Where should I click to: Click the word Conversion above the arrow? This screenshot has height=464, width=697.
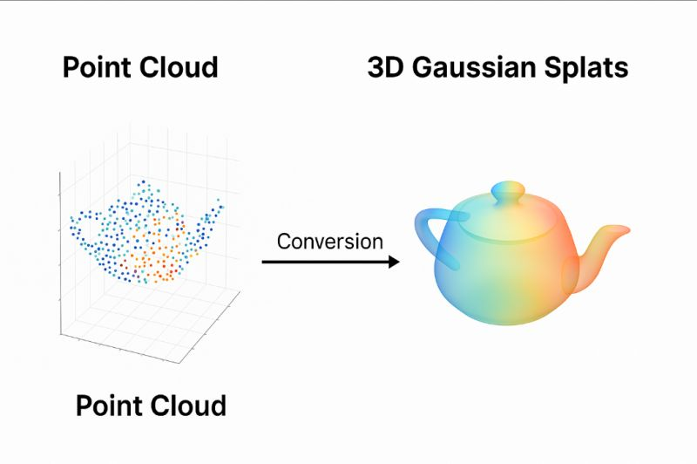click(x=329, y=242)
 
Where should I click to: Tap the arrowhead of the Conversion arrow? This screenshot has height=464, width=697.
click(x=394, y=262)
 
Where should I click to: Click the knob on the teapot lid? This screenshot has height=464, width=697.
click(x=508, y=191)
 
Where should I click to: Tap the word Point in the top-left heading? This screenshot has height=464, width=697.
click(x=95, y=68)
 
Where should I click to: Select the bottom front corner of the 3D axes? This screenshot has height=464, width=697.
click(x=180, y=361)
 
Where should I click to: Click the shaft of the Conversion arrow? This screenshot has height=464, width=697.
click(x=322, y=262)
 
